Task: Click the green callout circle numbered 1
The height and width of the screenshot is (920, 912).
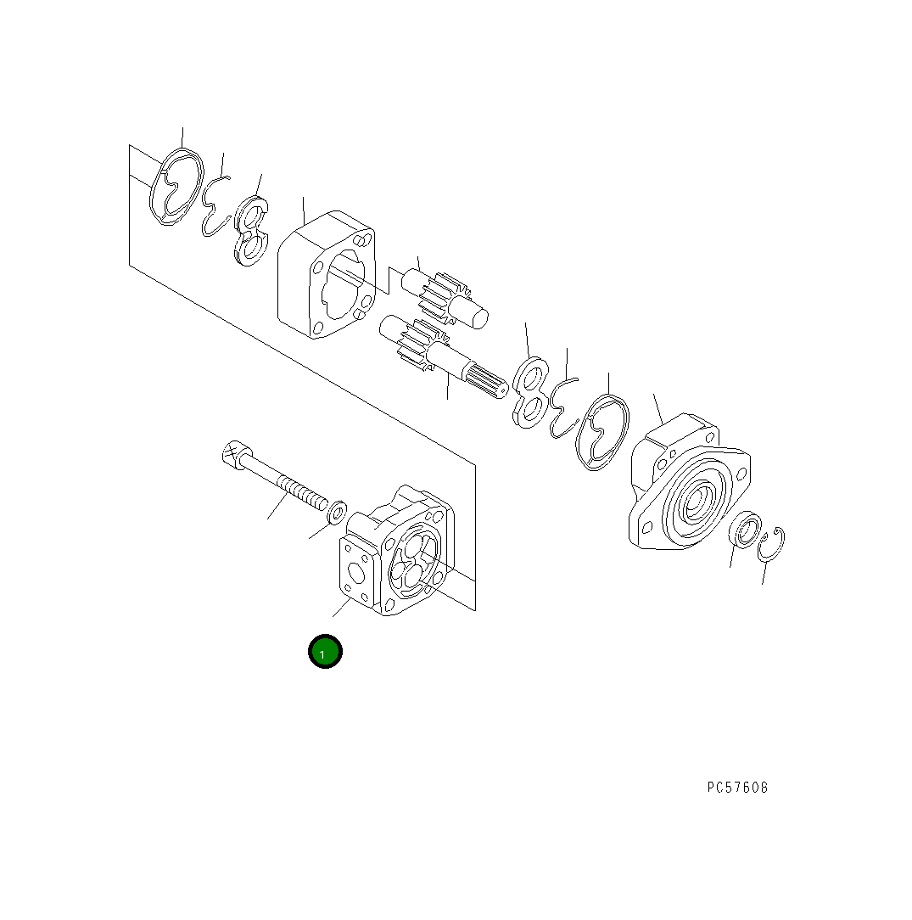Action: pyautogui.click(x=324, y=652)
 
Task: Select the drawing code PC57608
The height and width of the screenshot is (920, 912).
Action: pyautogui.click(x=737, y=788)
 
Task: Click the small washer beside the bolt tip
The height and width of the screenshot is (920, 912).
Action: pyautogui.click(x=338, y=511)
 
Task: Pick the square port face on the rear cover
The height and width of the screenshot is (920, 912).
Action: pyautogui.click(x=355, y=572)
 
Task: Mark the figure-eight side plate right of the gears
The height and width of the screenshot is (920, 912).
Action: pyautogui.click(x=530, y=391)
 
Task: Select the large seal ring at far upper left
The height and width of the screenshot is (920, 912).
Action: pyautogui.click(x=176, y=189)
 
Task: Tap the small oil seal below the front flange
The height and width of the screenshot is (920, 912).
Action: pyautogui.click(x=744, y=533)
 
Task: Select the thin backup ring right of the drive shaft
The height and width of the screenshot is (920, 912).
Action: pyautogui.click(x=562, y=407)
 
